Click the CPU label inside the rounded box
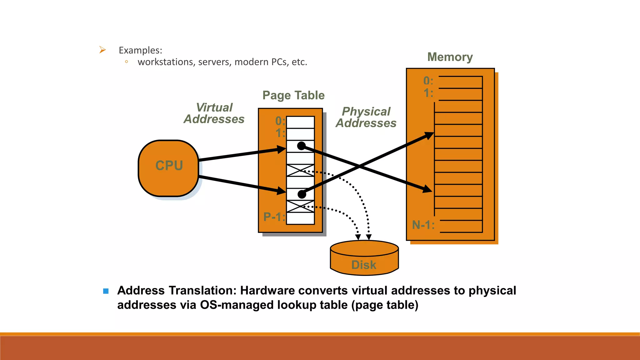click(169, 166)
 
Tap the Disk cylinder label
click(364, 265)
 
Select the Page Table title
click(293, 95)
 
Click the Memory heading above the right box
click(450, 57)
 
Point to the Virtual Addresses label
click(214, 113)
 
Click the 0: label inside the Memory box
click(428, 81)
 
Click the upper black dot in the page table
click(301, 146)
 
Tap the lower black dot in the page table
click(302, 194)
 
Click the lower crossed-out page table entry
click(300, 207)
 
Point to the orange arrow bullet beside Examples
click(102, 50)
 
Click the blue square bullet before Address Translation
click(106, 291)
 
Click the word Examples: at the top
click(140, 50)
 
